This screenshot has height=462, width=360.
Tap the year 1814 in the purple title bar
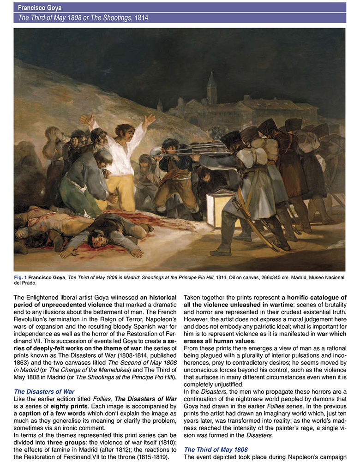coord(141,18)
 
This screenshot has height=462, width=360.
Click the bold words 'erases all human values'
coord(215,341)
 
